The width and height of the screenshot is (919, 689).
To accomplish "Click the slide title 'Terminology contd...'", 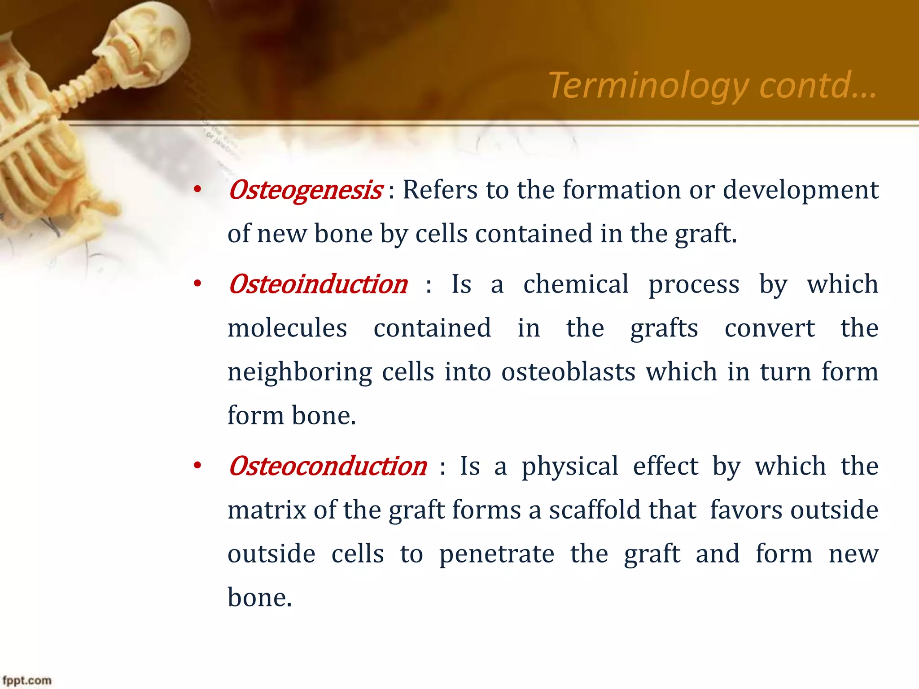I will click(712, 85).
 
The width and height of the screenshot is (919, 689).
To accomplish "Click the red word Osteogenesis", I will click(305, 190).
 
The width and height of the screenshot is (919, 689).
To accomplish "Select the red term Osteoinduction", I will click(318, 284).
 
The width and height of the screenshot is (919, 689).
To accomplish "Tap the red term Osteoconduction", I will click(328, 466).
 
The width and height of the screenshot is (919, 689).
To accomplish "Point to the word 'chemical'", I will click(576, 284).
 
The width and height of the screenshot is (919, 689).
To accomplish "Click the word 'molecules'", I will click(287, 328).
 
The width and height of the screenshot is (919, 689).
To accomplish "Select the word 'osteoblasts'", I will click(568, 372).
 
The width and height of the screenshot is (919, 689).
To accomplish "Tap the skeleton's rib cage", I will click(31, 148).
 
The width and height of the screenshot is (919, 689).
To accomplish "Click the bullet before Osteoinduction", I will click(197, 284).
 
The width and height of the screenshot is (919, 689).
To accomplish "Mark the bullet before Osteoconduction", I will click(197, 467).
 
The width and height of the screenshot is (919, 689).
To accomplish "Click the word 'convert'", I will click(769, 328).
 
